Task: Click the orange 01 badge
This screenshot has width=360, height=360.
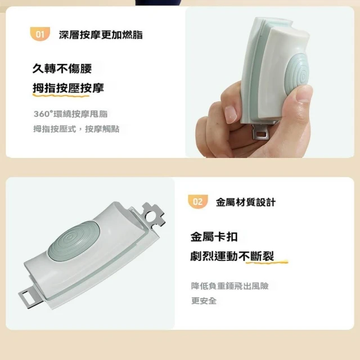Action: click(x=40, y=34)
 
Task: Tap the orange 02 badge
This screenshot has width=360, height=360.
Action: click(x=197, y=201)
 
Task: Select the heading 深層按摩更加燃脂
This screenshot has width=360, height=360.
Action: click(x=101, y=35)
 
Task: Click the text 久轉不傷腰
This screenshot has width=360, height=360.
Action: click(x=62, y=69)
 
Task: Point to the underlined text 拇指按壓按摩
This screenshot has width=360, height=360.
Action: click(x=69, y=88)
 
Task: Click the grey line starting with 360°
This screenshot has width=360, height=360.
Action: click(x=71, y=114)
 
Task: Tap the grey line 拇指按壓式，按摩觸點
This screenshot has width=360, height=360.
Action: click(x=76, y=129)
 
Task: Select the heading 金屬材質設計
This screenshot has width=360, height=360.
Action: click(x=246, y=202)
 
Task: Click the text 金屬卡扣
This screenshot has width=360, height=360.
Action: click(x=214, y=237)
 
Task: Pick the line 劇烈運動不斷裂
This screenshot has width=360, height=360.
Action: click(x=232, y=256)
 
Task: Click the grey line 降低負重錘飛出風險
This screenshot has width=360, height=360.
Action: click(x=230, y=286)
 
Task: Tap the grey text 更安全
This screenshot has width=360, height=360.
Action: click(x=204, y=301)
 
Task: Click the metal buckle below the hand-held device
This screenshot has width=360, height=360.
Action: click(x=261, y=132)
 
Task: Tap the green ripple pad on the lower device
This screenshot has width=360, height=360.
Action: click(x=74, y=241)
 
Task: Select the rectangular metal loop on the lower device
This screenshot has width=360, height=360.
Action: click(x=30, y=296)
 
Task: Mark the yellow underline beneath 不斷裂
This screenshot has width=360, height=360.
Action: click(x=267, y=262)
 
